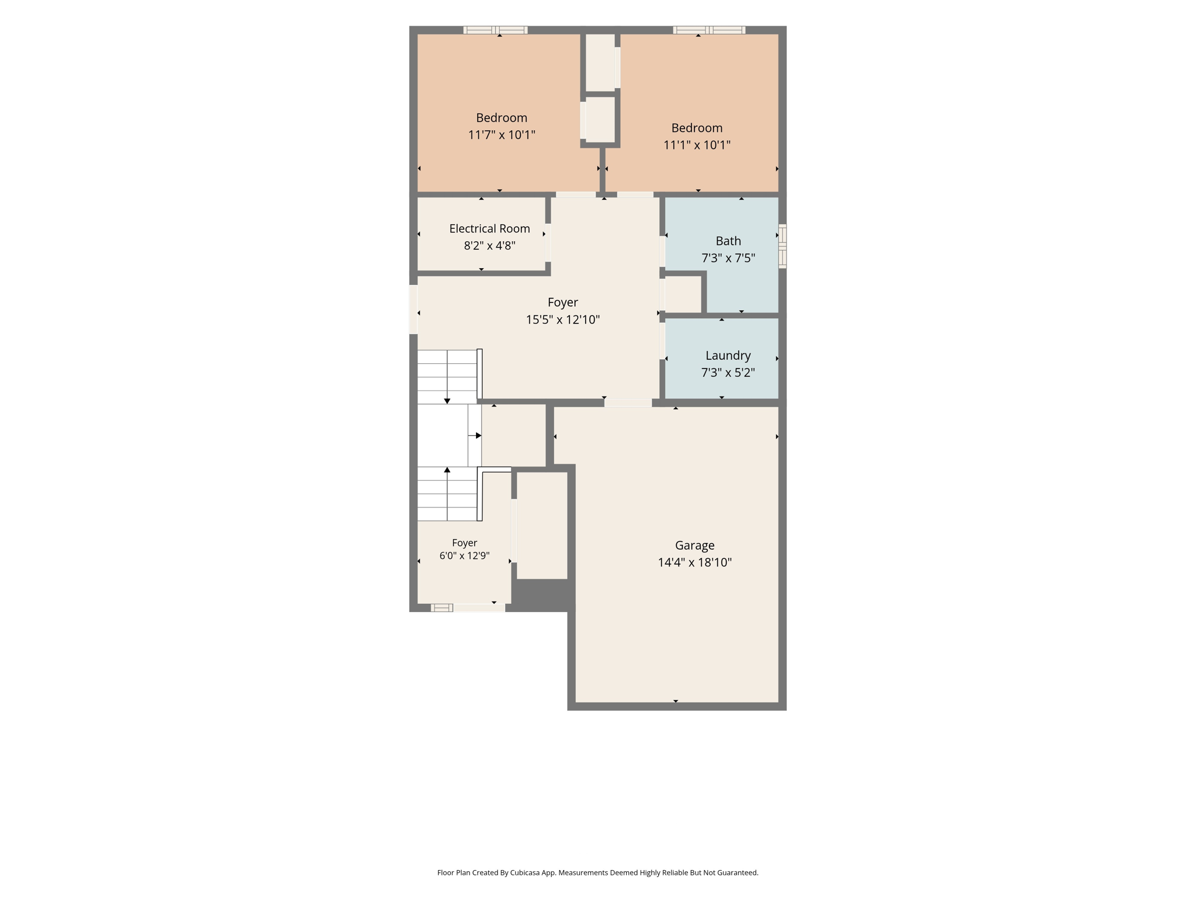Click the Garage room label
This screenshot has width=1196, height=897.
(x=694, y=545)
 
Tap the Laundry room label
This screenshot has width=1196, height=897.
(x=728, y=356)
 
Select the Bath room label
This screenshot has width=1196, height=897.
(x=728, y=241)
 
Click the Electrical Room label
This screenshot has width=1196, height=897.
(x=489, y=228)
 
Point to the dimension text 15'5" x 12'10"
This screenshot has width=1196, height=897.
(x=562, y=319)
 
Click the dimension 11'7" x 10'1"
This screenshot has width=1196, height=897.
(x=502, y=135)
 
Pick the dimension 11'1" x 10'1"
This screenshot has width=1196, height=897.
(x=697, y=145)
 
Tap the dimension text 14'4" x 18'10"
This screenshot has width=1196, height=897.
(x=694, y=562)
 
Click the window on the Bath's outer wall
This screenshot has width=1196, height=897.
(x=783, y=246)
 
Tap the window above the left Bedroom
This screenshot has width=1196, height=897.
(x=496, y=30)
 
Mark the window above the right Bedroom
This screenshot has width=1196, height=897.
(x=709, y=30)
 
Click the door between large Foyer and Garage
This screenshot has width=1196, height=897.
(x=628, y=402)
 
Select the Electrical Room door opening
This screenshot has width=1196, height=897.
(x=548, y=242)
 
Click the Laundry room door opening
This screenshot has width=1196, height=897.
(x=662, y=341)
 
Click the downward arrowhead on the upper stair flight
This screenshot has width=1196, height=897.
(x=447, y=401)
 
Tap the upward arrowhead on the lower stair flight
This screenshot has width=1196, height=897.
(x=447, y=470)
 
